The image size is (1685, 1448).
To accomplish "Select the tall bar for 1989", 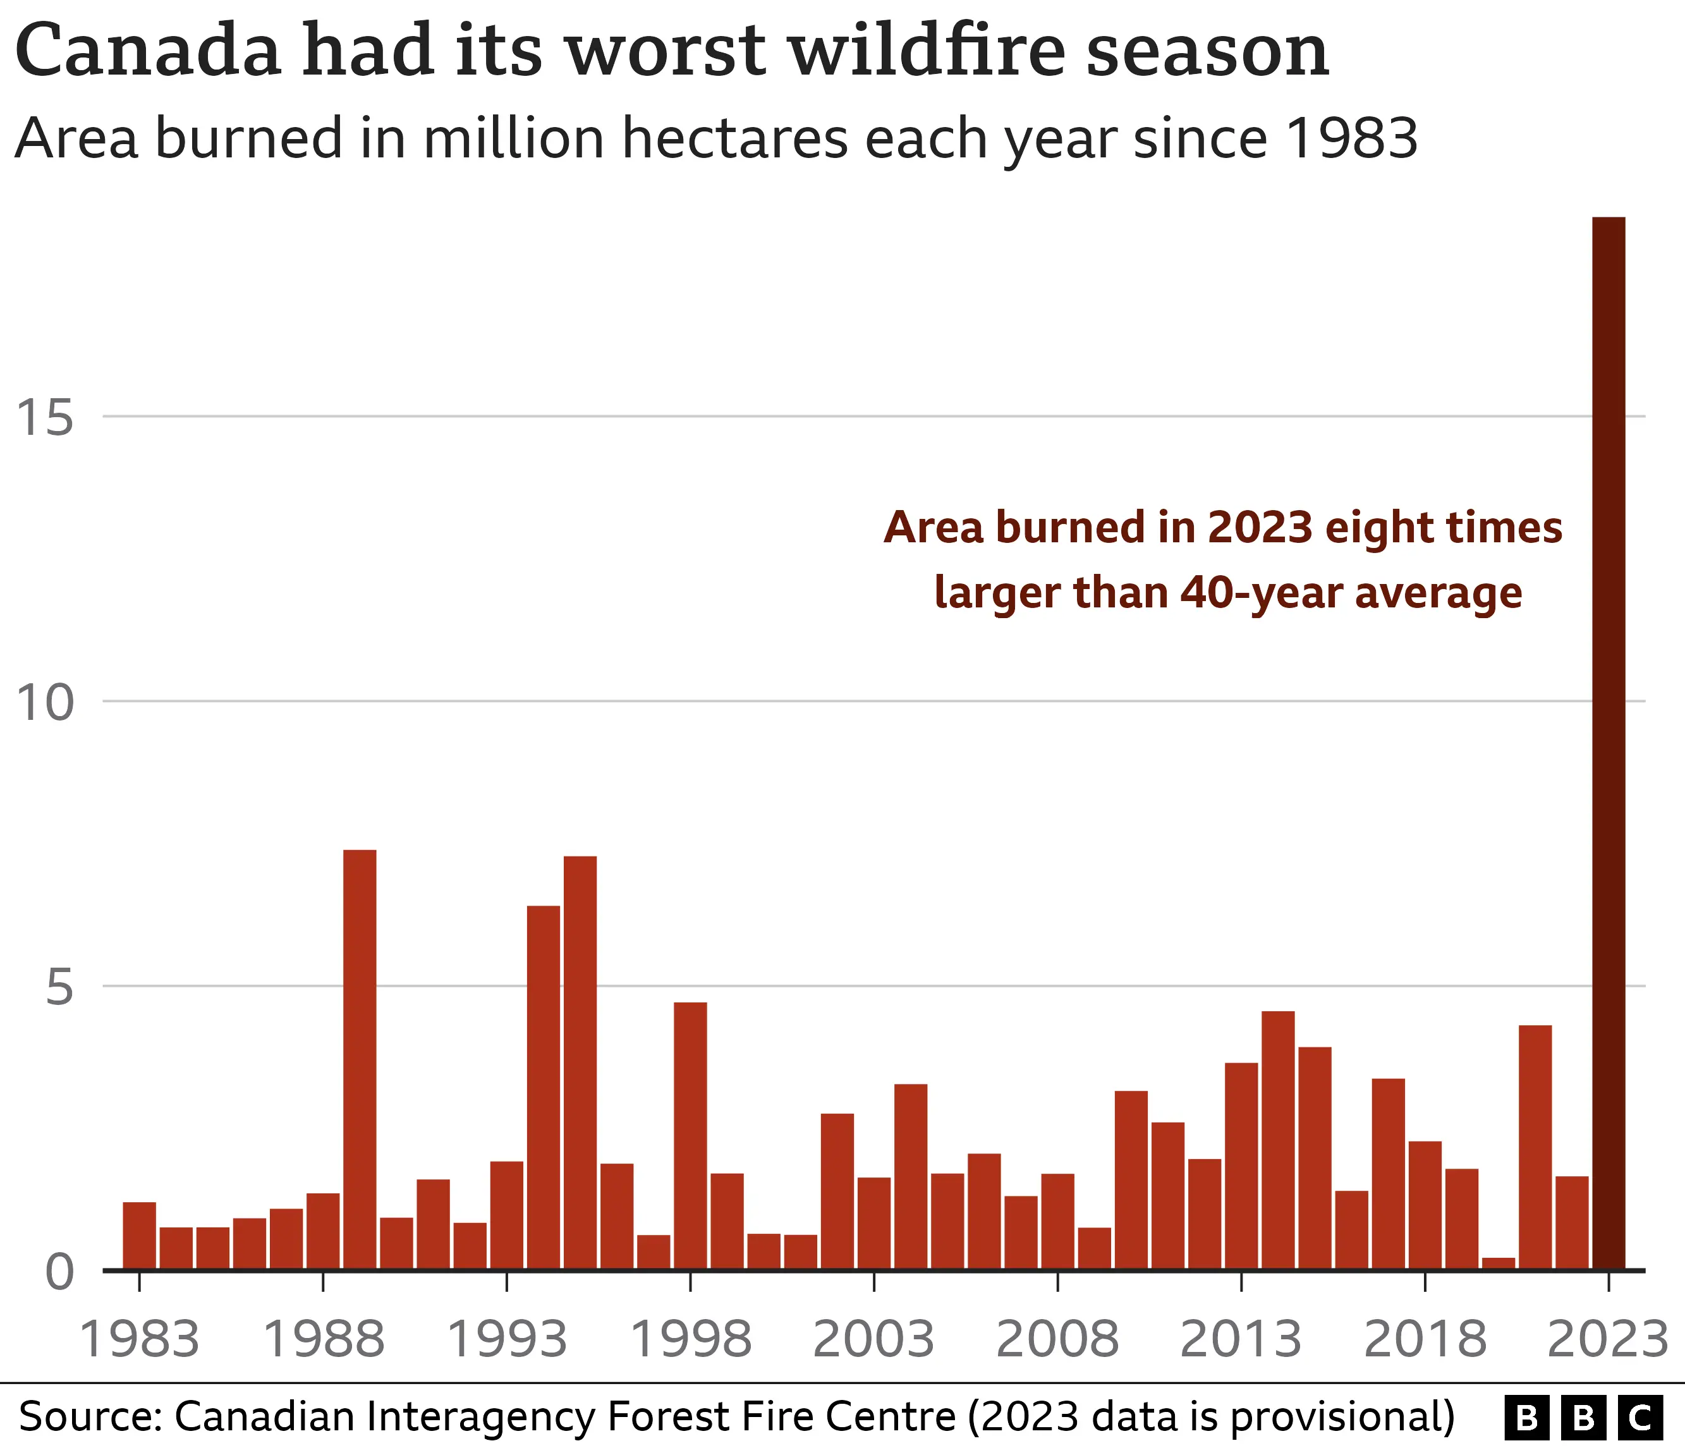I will [x=360, y=1059].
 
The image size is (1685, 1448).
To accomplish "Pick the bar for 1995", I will [x=580, y=1062].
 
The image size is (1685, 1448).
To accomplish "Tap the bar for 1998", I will [x=690, y=1135].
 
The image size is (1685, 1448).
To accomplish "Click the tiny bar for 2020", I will [x=1498, y=1263].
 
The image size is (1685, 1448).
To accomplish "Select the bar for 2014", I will [x=1277, y=1139].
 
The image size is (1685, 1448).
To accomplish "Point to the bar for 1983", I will [x=139, y=1235].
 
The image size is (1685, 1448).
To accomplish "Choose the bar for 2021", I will [x=1535, y=1147].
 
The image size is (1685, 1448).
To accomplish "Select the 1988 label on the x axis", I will [x=324, y=1340].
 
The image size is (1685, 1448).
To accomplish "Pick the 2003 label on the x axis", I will [x=873, y=1340].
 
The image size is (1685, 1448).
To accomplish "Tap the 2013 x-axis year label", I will [x=1241, y=1340].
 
